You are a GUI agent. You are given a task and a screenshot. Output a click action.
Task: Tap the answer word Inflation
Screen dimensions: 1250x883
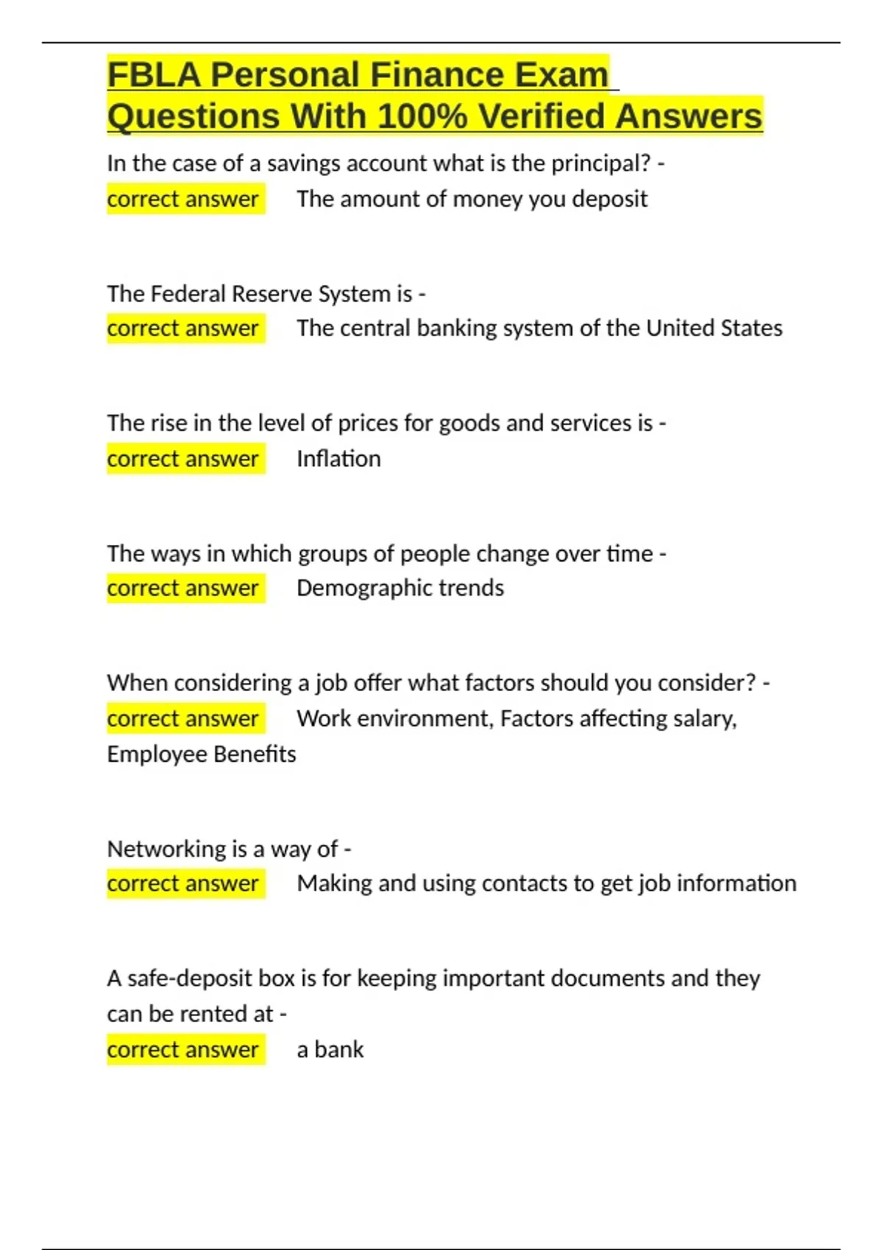pyautogui.click(x=338, y=459)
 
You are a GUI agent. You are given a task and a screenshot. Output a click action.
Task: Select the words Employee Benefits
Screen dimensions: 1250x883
pyautogui.click(x=201, y=754)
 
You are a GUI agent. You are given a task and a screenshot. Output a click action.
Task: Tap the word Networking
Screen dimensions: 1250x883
pyautogui.click(x=166, y=849)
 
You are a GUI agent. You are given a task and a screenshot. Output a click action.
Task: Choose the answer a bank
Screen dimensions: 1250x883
pyautogui.click(x=330, y=1049)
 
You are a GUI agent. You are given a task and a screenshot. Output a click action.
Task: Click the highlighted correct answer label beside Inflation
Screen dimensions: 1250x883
pyautogui.click(x=182, y=459)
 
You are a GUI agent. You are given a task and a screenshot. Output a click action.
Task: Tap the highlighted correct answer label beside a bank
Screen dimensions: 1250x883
pyautogui.click(x=182, y=1049)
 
